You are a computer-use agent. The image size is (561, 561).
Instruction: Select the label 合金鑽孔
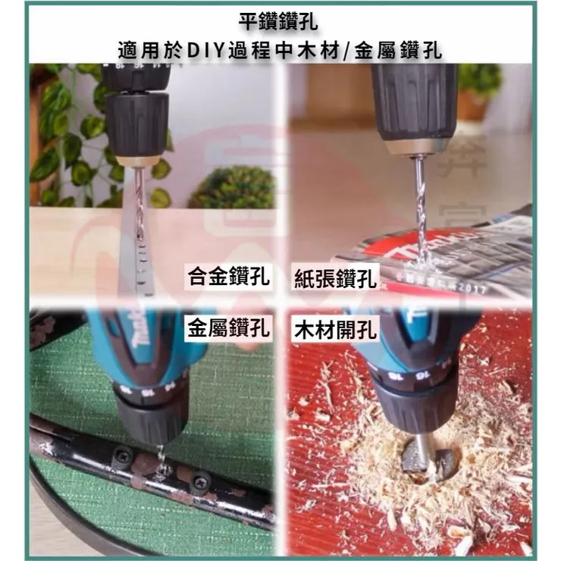[x=228, y=277]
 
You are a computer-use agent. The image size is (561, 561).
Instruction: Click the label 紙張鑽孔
[x=334, y=279]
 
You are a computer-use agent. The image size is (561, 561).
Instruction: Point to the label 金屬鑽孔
[x=228, y=329]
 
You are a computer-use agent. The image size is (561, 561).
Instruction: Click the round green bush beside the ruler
[x=232, y=188]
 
